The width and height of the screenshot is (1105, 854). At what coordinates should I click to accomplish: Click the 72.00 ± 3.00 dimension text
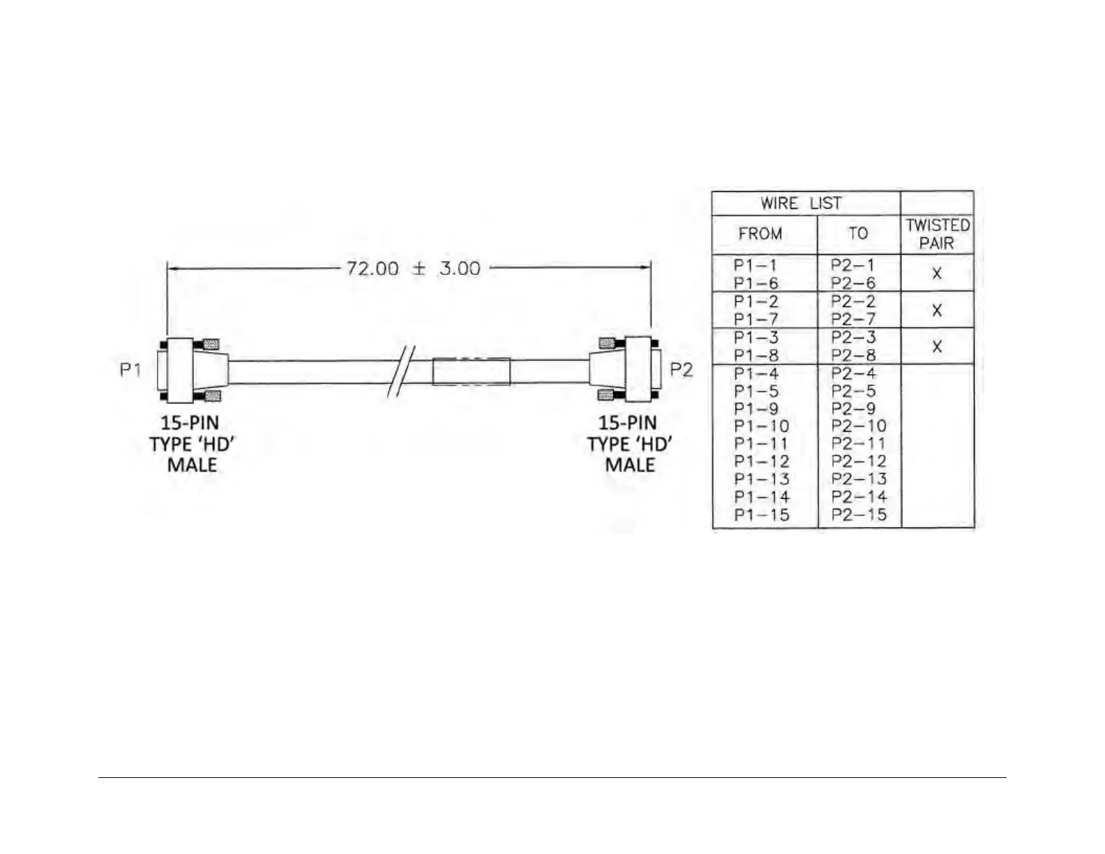click(x=413, y=269)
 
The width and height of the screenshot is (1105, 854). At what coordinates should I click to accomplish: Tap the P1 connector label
click(x=130, y=369)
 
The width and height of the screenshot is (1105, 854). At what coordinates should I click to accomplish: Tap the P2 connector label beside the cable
click(x=681, y=369)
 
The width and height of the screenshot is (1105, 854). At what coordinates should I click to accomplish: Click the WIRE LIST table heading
click(x=801, y=204)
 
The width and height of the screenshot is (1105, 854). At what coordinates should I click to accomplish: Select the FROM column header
click(x=760, y=234)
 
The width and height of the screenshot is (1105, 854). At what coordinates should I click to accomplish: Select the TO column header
click(x=858, y=234)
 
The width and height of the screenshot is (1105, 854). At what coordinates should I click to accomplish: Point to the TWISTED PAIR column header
click(x=937, y=234)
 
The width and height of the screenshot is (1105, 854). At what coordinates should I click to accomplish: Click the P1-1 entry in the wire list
click(x=755, y=265)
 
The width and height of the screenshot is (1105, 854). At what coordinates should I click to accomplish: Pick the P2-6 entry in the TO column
click(x=852, y=283)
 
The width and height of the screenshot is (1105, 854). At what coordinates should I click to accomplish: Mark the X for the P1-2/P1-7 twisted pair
click(x=937, y=310)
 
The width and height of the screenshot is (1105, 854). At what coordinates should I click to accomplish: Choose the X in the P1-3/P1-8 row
click(x=937, y=346)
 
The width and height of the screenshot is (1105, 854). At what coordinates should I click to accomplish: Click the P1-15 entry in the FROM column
click(x=761, y=515)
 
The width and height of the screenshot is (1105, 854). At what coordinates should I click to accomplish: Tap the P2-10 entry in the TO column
click(x=859, y=426)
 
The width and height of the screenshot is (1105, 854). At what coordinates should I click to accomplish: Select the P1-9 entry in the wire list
click(x=756, y=409)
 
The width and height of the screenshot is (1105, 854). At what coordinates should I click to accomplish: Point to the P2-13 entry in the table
click(x=859, y=479)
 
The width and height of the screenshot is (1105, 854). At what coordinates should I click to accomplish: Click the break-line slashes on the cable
click(x=400, y=371)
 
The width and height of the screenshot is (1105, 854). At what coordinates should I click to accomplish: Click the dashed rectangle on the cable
click(x=471, y=371)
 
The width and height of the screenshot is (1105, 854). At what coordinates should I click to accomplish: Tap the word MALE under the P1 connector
click(x=192, y=465)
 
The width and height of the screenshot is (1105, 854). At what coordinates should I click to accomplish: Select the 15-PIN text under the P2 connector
click(x=627, y=423)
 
